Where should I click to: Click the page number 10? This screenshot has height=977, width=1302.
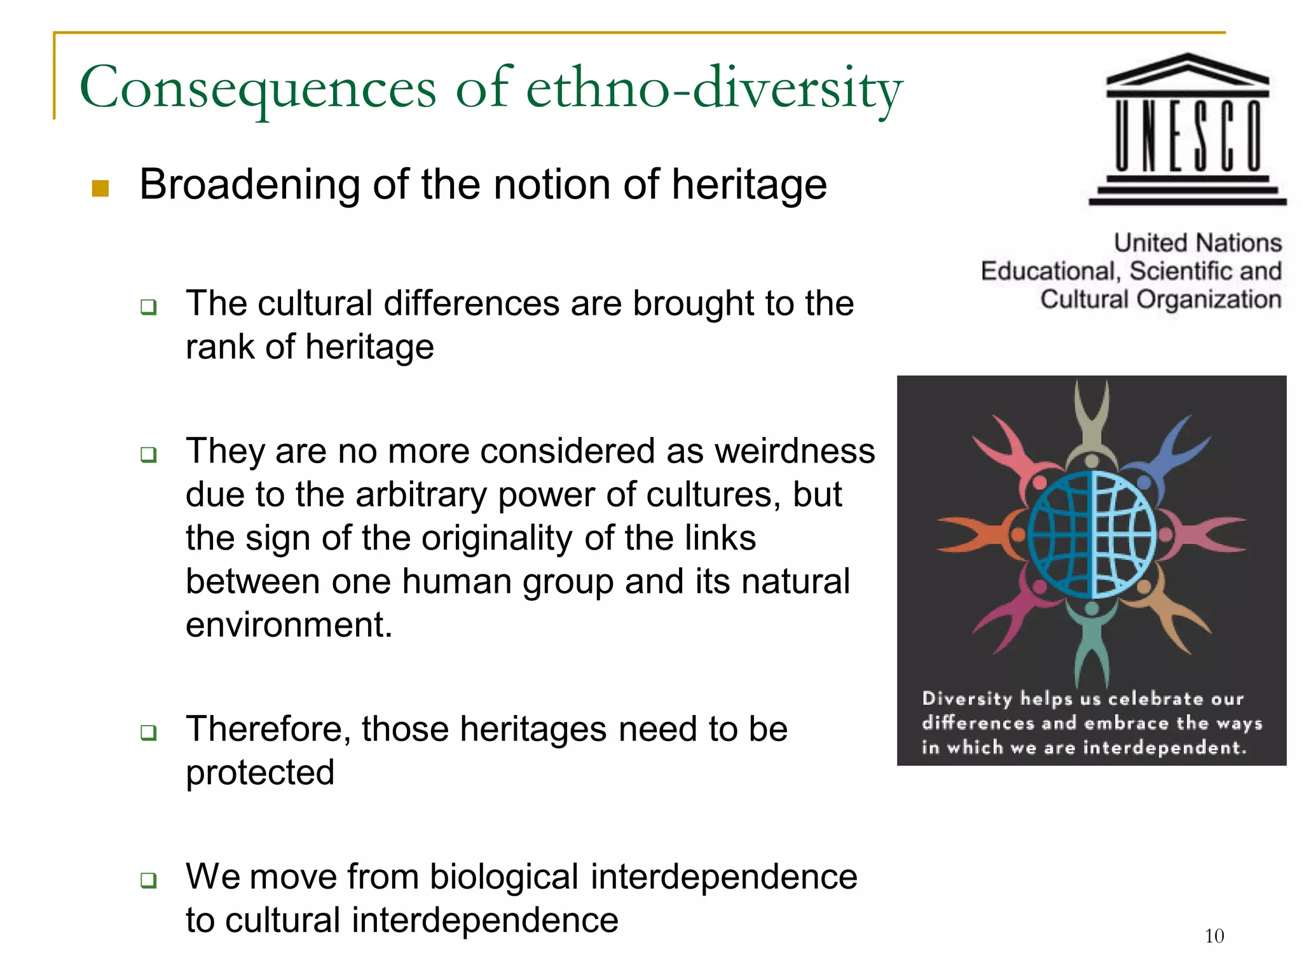coord(1214,936)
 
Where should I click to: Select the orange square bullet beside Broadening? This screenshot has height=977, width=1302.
coord(100,188)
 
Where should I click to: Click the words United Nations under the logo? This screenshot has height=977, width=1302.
coord(1197,243)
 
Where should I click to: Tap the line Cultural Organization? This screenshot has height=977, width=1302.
coord(1160,299)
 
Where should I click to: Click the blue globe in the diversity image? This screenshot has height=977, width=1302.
coord(1092,534)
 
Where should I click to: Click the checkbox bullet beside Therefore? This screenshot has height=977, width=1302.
coord(149,732)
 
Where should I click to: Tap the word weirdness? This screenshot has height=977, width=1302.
coord(795,451)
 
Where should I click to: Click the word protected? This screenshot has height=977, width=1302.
coord(259,773)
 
